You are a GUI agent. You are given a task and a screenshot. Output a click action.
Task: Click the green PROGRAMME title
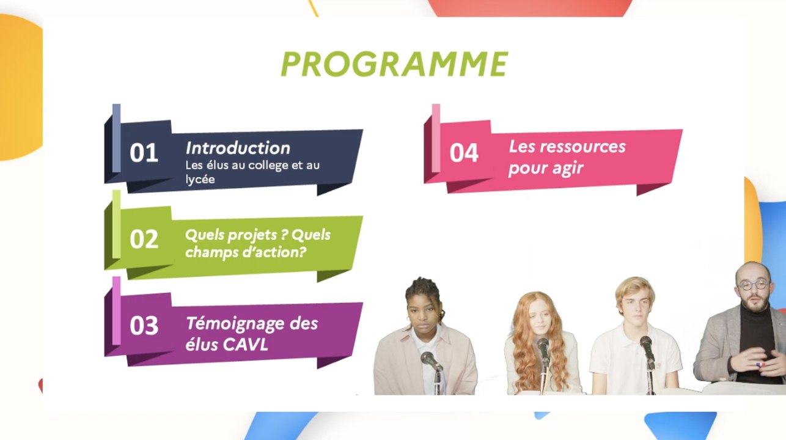pyautogui.click(x=394, y=64)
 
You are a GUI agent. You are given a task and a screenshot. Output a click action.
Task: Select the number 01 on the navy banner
pyautogui.click(x=144, y=153)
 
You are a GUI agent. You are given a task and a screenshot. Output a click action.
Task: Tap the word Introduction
pyautogui.click(x=238, y=148)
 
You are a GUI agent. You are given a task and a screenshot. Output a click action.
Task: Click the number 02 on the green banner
pyautogui.click(x=144, y=239)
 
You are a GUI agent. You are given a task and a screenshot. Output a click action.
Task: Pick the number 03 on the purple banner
pyautogui.click(x=144, y=326)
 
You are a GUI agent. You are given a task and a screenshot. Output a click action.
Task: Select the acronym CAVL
pyautogui.click(x=245, y=345)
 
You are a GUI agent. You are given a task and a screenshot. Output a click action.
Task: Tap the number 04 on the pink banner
pyautogui.click(x=464, y=153)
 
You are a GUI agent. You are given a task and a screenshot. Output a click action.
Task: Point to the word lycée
pyautogui.click(x=200, y=180)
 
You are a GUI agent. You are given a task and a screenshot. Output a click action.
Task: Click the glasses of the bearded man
pyautogui.click(x=752, y=285)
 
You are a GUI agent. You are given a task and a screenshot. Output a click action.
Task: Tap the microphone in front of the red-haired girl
pyautogui.click(x=543, y=346)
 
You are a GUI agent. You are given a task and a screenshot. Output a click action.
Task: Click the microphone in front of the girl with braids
pyautogui.click(x=430, y=359)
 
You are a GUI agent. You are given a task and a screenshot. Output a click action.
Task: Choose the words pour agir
pyautogui.click(x=537, y=168)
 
